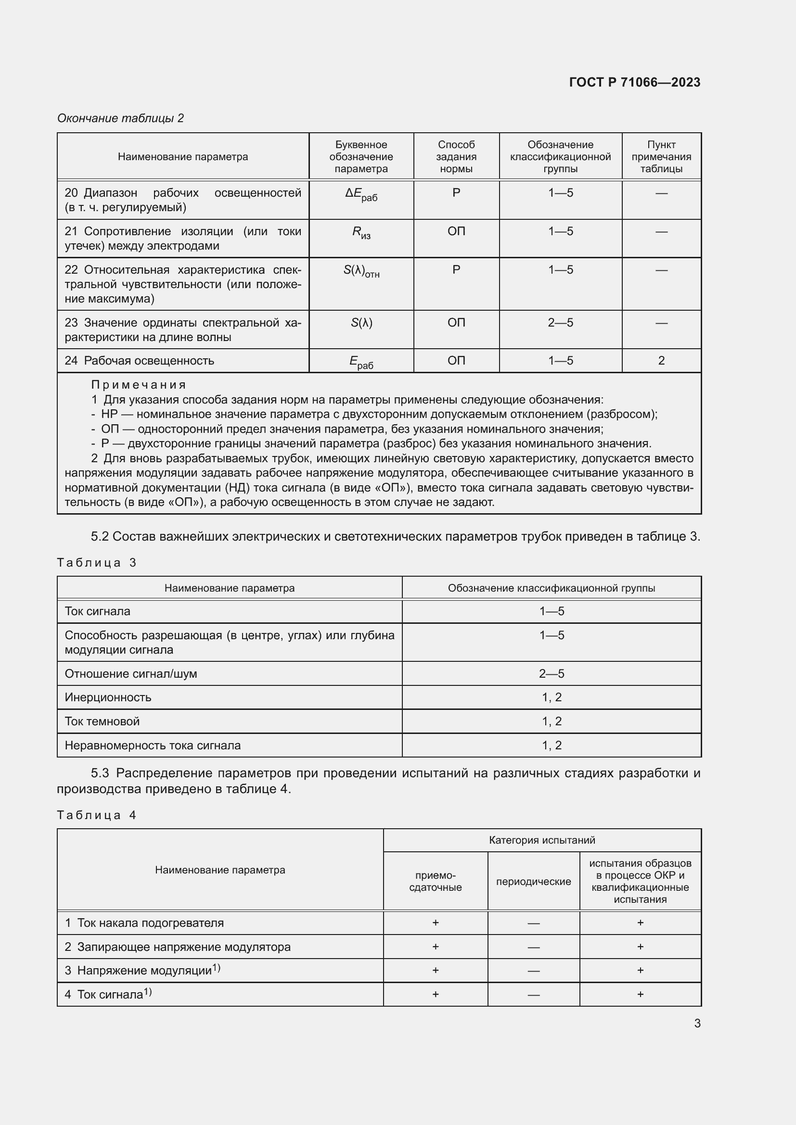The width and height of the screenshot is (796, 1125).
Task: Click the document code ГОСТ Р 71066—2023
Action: point(634,82)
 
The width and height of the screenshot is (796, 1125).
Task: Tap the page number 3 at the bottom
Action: point(697,1023)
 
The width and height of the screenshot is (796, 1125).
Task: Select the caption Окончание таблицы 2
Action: point(121,118)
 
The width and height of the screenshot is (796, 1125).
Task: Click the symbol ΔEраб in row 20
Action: point(361,194)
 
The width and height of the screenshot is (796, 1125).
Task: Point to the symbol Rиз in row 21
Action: point(361,233)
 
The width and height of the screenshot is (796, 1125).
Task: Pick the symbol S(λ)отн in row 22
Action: point(361,271)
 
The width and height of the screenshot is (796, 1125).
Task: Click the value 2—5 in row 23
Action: point(560,322)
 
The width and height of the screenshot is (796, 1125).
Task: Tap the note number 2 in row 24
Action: point(661,361)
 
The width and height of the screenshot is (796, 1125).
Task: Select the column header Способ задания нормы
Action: point(456,157)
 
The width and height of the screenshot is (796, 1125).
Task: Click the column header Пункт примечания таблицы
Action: point(661,157)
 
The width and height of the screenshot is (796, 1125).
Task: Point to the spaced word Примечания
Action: point(139,385)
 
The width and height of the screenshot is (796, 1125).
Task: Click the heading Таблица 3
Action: point(97,563)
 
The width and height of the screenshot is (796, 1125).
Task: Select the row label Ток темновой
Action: point(103,721)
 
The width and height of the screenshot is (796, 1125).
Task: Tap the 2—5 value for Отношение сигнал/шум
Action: point(552,674)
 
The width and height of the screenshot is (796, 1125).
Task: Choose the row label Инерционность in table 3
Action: point(108,697)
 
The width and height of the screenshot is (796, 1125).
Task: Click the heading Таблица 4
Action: point(97,815)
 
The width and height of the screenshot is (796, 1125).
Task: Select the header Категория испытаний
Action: point(541,840)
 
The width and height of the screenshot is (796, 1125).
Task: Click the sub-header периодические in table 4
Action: point(533,882)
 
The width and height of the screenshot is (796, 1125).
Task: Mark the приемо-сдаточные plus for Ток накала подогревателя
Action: point(435,923)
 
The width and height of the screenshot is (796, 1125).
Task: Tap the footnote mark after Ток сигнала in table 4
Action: point(148,992)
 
